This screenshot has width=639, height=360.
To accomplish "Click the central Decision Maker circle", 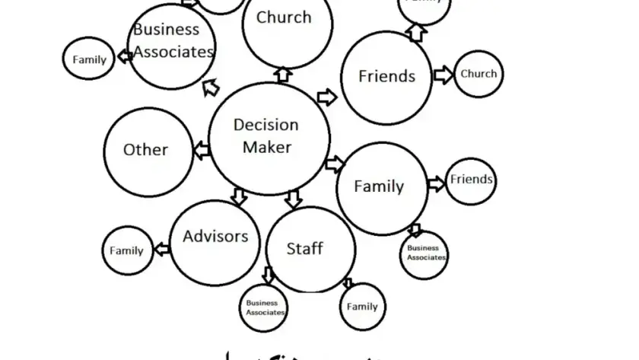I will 265,137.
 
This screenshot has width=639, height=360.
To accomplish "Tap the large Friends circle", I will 386,77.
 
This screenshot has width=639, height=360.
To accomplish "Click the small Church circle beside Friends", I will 478,74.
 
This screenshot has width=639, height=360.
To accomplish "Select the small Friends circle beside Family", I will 471,180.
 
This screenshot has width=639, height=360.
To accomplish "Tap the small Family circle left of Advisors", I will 127,250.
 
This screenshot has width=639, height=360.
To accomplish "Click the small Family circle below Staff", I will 362,307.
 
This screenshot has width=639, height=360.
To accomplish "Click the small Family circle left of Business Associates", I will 89,60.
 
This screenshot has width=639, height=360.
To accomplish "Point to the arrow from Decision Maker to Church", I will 283,74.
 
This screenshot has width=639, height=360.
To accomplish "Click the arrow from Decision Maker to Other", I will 201,151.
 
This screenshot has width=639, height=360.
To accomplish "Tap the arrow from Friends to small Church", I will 443,75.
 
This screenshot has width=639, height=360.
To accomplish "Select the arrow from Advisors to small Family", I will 162,248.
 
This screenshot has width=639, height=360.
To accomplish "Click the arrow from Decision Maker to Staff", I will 294,199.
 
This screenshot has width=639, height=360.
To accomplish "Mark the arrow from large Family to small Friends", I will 436,183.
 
